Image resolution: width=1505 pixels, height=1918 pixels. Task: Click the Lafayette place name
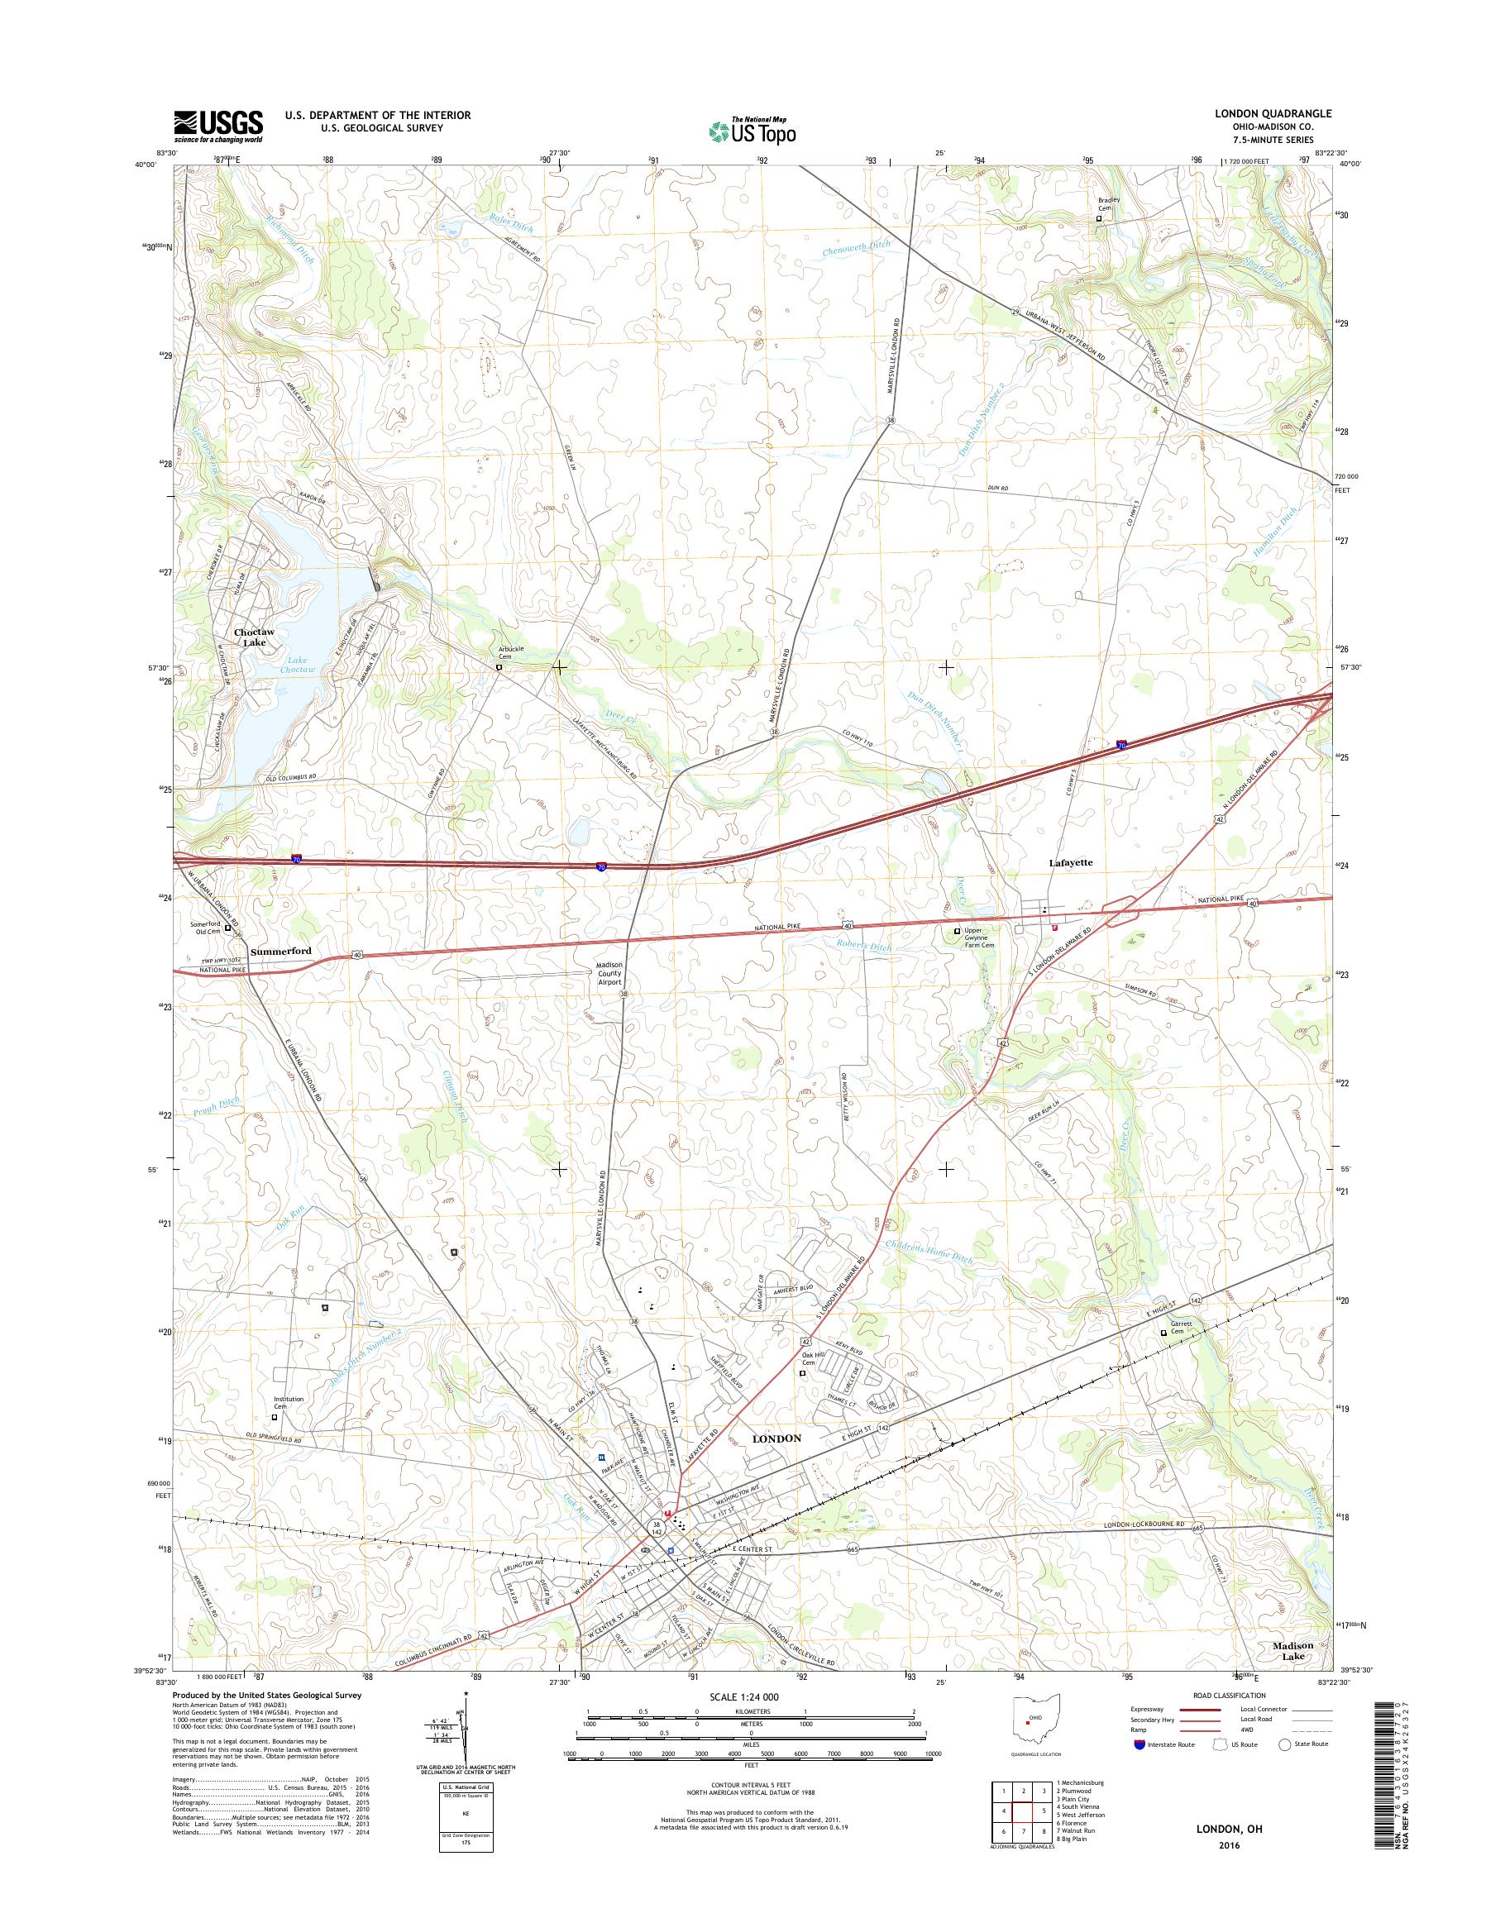1071,863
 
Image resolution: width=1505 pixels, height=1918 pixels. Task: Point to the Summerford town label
281,952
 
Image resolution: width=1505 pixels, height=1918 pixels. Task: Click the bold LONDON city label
776,1438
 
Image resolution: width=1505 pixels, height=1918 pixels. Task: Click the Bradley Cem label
1107,203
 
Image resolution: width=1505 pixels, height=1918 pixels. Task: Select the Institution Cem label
288,1403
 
